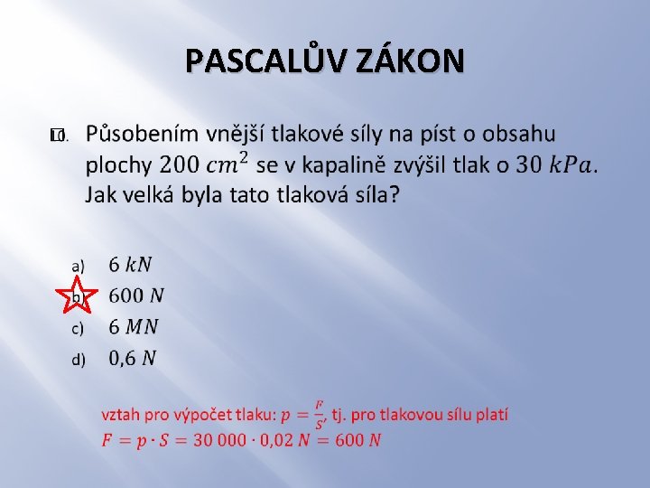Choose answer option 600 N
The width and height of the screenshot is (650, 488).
(x=136, y=296)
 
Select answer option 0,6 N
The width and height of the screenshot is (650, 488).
(x=133, y=359)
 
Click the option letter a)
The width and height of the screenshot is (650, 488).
(x=79, y=266)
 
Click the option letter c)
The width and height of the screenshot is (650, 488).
(x=79, y=328)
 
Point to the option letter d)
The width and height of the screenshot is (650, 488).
(x=79, y=360)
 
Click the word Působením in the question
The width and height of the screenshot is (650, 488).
(x=142, y=135)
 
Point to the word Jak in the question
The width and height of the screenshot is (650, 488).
(x=102, y=194)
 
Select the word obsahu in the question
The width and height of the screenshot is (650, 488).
(x=518, y=135)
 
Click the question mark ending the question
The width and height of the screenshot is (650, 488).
(x=394, y=194)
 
